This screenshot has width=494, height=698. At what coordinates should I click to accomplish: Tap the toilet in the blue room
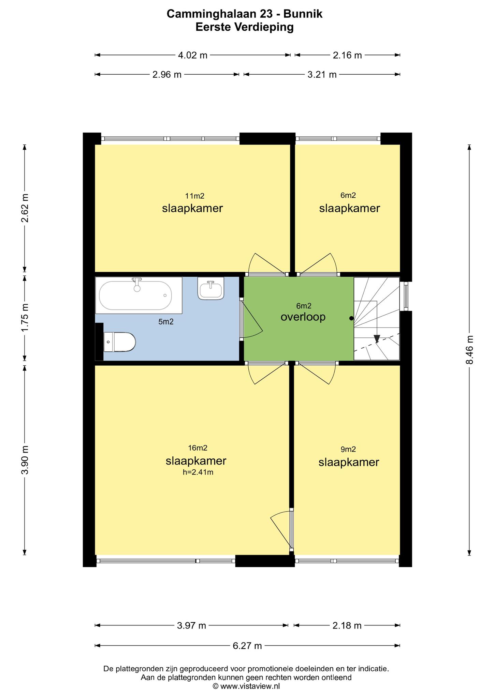point(120,342)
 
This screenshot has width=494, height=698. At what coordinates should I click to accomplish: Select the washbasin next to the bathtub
point(211,288)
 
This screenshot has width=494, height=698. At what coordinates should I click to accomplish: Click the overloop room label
point(303,317)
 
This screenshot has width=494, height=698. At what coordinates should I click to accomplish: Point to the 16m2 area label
point(198,448)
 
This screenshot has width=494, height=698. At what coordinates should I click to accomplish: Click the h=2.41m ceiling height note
point(198,472)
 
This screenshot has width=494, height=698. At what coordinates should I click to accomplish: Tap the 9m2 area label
point(348,449)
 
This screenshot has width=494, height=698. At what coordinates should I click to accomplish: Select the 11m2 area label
point(194,196)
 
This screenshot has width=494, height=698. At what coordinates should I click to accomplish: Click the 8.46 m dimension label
point(469,350)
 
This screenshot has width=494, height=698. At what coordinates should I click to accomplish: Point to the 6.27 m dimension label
point(247,646)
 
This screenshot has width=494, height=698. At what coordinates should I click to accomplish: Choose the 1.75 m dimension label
point(25,317)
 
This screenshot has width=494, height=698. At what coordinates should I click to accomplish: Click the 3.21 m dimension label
point(322,75)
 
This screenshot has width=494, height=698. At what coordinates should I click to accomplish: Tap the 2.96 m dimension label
point(167,75)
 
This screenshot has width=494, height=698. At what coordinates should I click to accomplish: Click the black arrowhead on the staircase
point(377,338)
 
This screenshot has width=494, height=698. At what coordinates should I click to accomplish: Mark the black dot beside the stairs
point(351,319)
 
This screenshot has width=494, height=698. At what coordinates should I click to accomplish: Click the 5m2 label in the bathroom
point(166,321)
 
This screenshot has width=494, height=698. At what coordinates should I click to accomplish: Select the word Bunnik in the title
point(303,14)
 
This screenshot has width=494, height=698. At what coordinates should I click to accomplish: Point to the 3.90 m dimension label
point(25,460)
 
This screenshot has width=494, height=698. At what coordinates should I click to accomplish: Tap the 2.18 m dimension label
point(347,625)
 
